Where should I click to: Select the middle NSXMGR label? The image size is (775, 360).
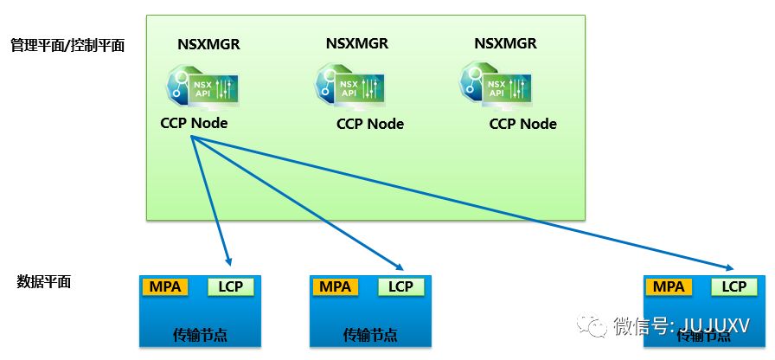coord(356,43)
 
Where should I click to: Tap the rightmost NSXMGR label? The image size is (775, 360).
coord(505,43)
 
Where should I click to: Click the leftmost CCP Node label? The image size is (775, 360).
coord(194,123)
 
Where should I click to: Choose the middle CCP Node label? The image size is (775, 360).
coord(370,124)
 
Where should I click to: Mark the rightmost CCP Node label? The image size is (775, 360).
coord(523,124)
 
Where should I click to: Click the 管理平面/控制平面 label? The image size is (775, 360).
coord(67,45)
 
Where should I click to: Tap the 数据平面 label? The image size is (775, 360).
coord(44,281)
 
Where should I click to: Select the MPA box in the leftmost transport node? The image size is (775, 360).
coord(165,287)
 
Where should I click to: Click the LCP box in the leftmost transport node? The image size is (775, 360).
coord(230,287)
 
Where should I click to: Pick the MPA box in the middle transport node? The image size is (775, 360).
coord(335,287)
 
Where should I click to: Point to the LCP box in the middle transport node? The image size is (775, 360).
coord(400,287)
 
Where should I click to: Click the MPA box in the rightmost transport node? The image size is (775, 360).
coord(669,287)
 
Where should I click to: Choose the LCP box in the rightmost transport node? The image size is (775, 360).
coord(733,287)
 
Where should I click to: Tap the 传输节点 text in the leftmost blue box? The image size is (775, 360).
coord(200,335)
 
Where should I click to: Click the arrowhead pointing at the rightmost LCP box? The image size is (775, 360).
coord(727,268)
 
